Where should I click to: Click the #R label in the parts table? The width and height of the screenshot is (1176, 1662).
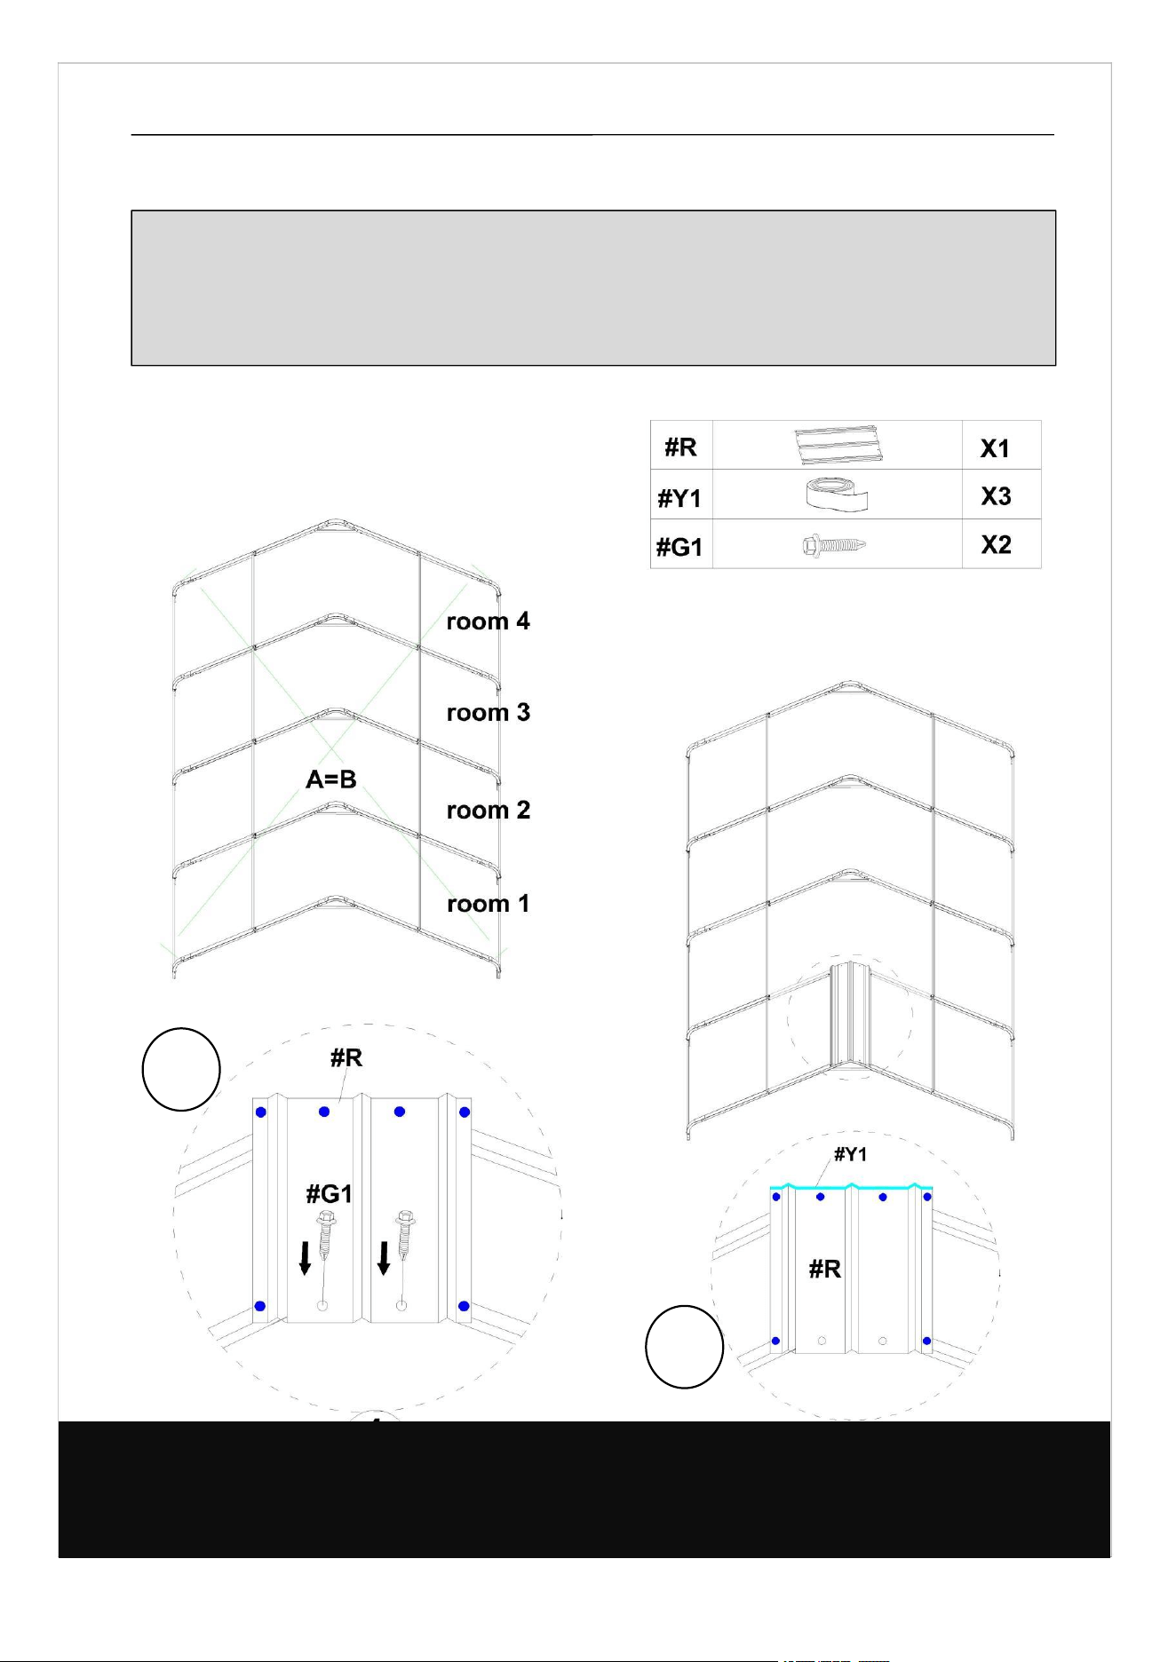click(680, 447)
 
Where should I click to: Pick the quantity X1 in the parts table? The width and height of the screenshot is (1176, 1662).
click(995, 449)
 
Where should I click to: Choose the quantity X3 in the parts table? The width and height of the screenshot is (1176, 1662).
click(996, 496)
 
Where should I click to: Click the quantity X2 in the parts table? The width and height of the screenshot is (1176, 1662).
click(996, 544)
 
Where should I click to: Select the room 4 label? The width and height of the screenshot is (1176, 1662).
click(489, 621)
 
